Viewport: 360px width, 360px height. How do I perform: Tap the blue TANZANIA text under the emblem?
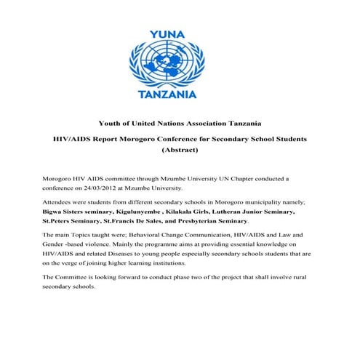tap(179, 93)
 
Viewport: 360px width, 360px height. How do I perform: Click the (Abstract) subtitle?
tap(179, 151)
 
